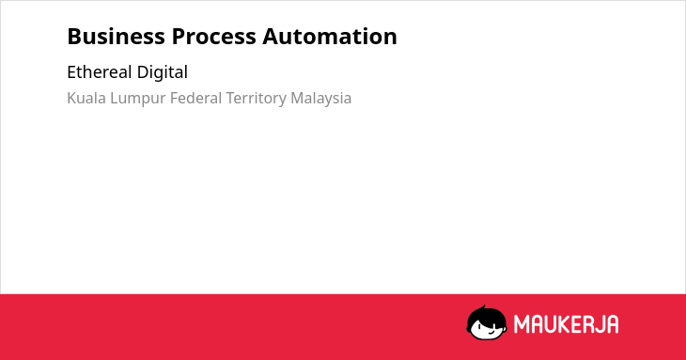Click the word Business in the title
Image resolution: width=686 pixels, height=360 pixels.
click(116, 37)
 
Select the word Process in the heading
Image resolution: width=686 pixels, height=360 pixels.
click(213, 37)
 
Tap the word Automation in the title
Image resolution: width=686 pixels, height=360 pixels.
click(330, 37)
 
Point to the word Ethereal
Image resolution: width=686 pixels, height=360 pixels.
click(100, 72)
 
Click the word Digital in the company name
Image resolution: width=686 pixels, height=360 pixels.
click(163, 73)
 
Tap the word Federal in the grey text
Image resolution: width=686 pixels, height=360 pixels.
click(196, 98)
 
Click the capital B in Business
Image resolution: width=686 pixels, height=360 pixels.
click(73, 37)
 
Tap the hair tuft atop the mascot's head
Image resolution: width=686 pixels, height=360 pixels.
click(484, 307)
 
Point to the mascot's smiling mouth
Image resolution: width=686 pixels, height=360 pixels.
click(492, 333)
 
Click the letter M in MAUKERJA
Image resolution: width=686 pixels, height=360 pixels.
click(521, 324)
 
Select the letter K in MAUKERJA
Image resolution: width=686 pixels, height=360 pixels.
click(566, 324)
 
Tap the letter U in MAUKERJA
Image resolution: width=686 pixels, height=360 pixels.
click(552, 324)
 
